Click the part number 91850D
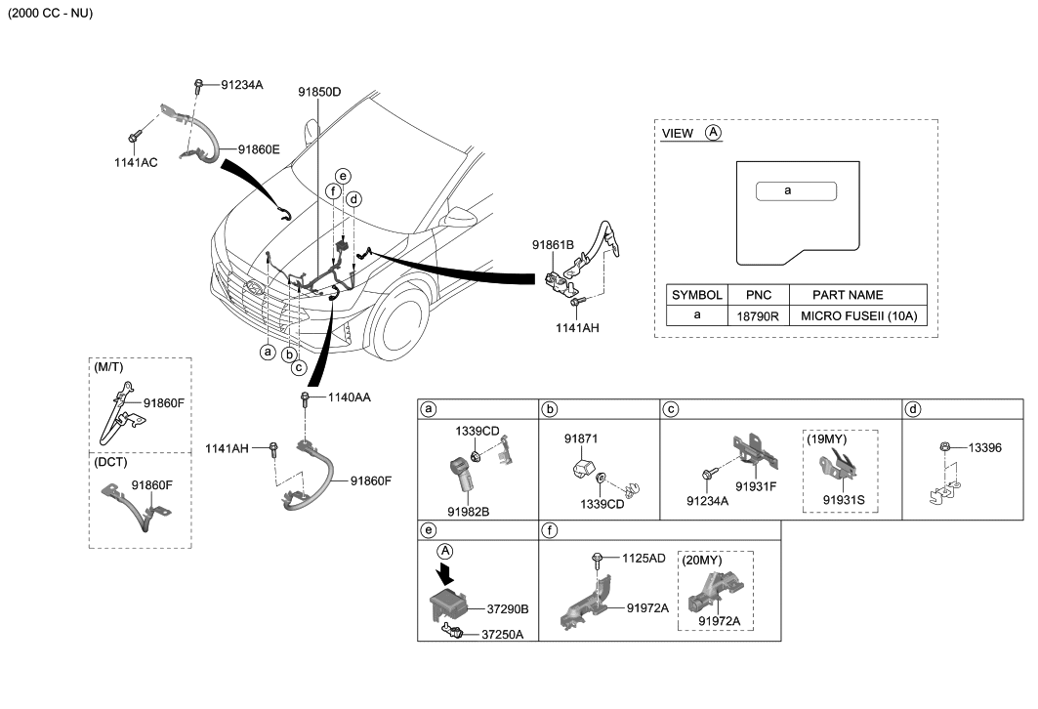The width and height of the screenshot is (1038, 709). pos(320,92)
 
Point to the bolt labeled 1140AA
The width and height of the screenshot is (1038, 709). pos(307,398)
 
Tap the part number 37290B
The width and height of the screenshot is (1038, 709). pos(508,608)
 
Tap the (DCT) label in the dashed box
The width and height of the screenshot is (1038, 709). pos(111,462)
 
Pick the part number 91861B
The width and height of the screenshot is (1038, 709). pos(553,244)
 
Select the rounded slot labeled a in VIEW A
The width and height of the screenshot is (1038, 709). pos(796,190)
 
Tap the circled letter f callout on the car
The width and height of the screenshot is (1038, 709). pos(333,191)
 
